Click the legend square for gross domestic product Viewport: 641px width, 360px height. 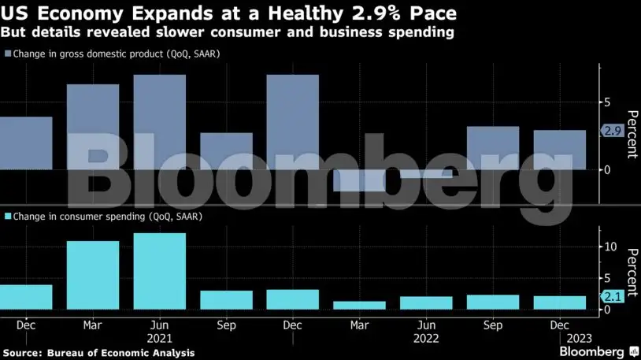(8, 54)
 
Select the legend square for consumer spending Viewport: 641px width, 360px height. (8, 216)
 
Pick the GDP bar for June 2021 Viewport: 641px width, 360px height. (159, 122)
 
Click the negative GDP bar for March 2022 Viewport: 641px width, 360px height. (359, 180)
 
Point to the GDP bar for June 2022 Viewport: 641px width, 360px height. (426, 174)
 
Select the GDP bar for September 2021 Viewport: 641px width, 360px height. (226, 151)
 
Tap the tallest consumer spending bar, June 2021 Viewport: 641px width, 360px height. (159, 271)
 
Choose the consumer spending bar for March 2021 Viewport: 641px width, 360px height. (93, 275)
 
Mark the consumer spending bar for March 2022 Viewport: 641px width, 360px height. (359, 305)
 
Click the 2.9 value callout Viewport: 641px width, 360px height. (613, 132)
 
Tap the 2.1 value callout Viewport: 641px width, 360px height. (613, 297)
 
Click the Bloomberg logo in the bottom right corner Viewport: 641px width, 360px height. (596, 351)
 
